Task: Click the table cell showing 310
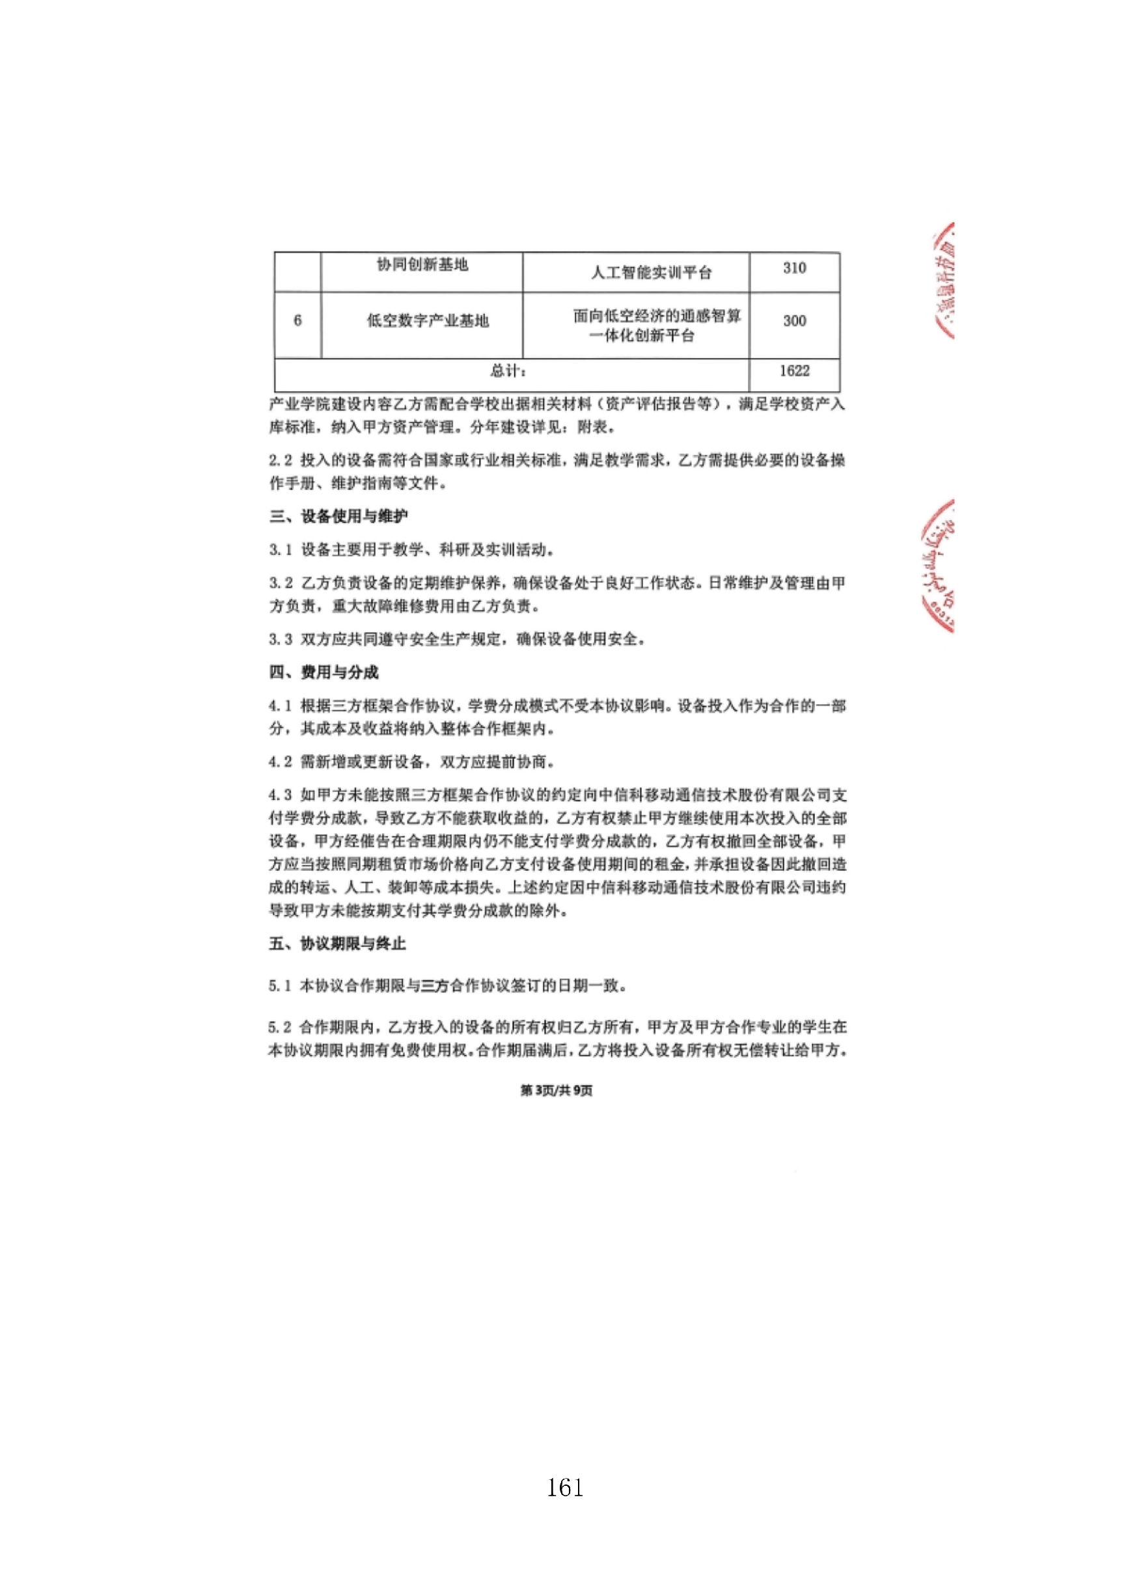pyautogui.click(x=794, y=269)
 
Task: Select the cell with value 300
pyautogui.click(x=794, y=322)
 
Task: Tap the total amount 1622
pyautogui.click(x=794, y=371)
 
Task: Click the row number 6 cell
pyautogui.click(x=298, y=321)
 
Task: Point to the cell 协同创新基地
pyautogui.click(x=422, y=265)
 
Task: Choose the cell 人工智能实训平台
pyautogui.click(x=652, y=273)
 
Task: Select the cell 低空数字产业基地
pyautogui.click(x=428, y=321)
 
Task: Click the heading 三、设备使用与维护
pyautogui.click(x=339, y=516)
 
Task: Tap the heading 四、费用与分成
pyautogui.click(x=324, y=672)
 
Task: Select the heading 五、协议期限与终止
pyautogui.click(x=337, y=944)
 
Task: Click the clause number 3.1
pyautogui.click(x=281, y=550)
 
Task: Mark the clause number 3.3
pyautogui.click(x=281, y=639)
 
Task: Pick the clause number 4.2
pyautogui.click(x=281, y=762)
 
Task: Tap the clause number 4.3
pyautogui.click(x=281, y=795)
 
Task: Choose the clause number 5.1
pyautogui.click(x=280, y=985)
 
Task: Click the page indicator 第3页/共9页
pyautogui.click(x=557, y=1091)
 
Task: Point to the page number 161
pyautogui.click(x=565, y=1488)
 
